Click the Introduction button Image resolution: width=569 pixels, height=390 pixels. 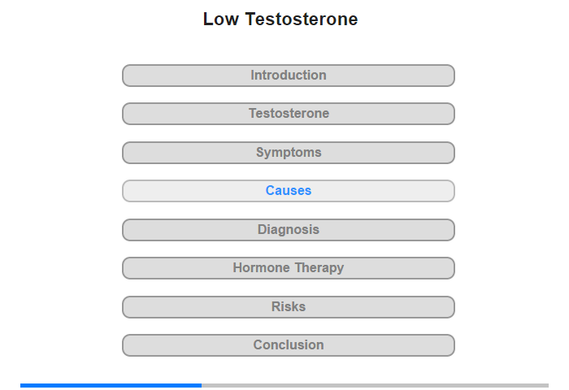[288, 76]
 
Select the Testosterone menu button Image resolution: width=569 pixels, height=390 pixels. [288, 114]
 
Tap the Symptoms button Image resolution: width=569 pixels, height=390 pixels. [288, 153]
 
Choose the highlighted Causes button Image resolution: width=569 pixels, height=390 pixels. [288, 191]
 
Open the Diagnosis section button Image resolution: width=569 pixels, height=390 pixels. [288, 230]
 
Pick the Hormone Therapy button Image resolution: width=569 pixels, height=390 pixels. [288, 268]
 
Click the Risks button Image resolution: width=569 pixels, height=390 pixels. [288, 307]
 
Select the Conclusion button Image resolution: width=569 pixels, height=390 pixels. [288, 345]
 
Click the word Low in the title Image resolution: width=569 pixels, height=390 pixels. [220, 19]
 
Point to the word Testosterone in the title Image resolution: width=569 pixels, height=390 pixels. [302, 19]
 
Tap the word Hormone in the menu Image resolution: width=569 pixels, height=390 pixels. [261, 268]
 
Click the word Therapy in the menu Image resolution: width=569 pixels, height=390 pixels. [319, 269]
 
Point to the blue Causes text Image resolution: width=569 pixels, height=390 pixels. [289, 190]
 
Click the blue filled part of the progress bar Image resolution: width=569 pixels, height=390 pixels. [111, 385]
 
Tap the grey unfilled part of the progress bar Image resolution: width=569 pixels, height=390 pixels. [376, 385]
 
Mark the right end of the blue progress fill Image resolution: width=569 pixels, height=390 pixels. [202, 385]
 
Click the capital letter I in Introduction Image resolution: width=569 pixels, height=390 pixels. [253, 75]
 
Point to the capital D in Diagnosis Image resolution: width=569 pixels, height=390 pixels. [262, 229]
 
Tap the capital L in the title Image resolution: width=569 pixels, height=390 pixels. [208, 19]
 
